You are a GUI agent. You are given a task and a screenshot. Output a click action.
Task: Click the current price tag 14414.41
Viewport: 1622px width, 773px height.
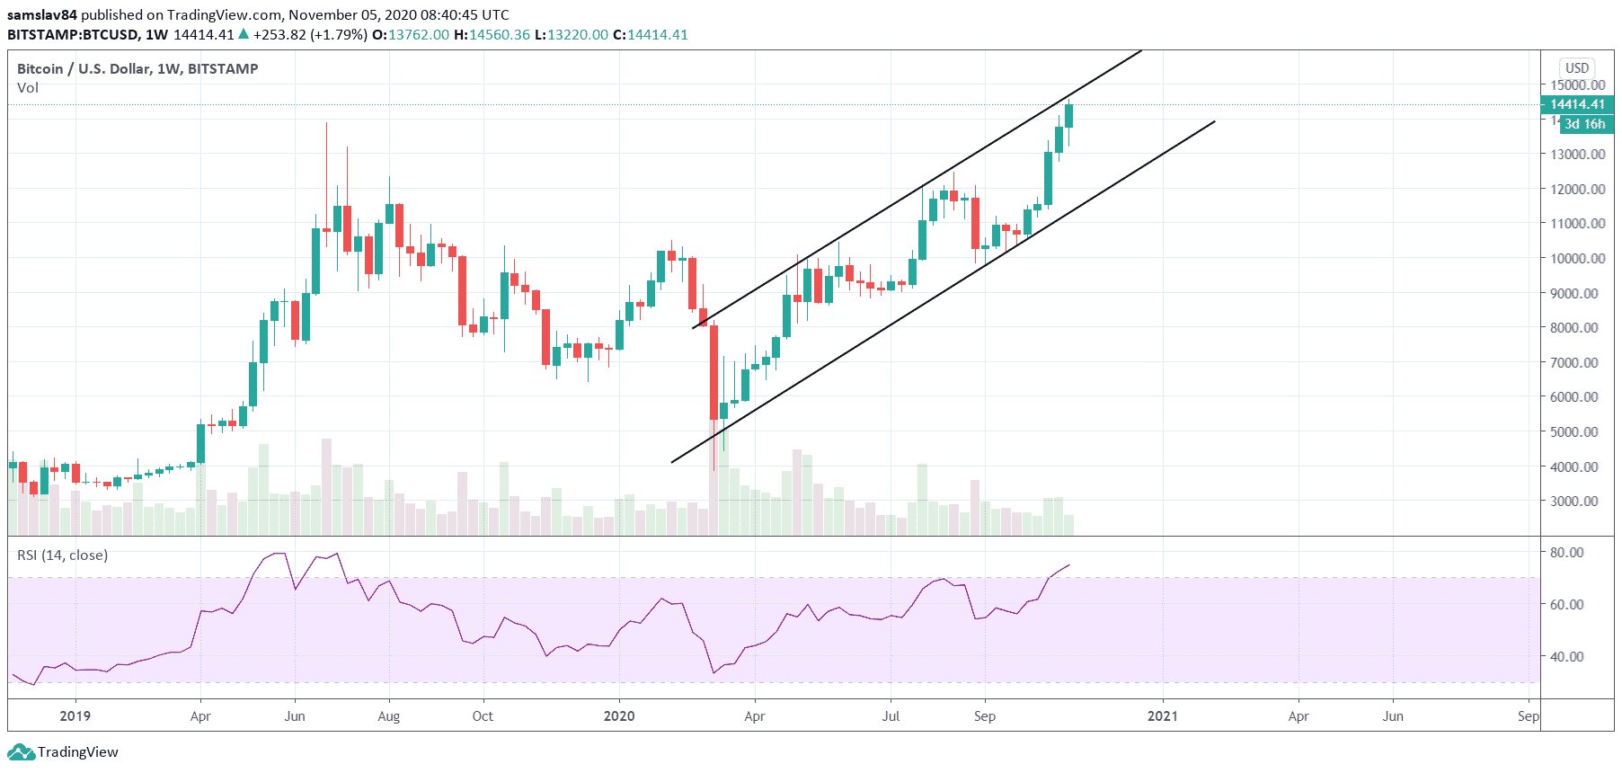1577,104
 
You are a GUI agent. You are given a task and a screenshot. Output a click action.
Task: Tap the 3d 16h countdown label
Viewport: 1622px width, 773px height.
1584,124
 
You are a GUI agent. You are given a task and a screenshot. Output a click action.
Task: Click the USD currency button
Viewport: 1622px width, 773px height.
1577,67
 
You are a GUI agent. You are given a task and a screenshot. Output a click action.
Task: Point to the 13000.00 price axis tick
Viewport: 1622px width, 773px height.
1577,154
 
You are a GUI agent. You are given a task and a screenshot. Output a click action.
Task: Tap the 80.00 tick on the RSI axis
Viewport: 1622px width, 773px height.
1566,552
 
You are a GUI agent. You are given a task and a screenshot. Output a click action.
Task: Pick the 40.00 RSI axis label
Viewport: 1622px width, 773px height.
1566,656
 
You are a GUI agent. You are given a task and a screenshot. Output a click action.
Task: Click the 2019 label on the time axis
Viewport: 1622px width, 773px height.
75,715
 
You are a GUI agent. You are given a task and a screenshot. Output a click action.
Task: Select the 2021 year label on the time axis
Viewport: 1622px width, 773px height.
1163,715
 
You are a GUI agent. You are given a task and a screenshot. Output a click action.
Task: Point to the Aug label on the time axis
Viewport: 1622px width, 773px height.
388,715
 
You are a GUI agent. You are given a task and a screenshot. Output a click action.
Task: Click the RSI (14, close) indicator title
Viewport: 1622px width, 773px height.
62,555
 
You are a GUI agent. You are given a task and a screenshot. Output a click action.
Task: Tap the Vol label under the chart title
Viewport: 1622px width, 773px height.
28,87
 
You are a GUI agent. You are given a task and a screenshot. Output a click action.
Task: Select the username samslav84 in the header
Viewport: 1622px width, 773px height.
41,14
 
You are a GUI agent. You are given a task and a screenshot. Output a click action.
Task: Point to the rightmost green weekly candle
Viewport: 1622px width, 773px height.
1068,116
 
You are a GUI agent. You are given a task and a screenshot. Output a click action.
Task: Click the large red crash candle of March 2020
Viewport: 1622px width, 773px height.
714,372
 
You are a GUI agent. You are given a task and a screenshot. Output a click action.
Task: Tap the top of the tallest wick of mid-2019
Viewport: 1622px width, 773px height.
326,123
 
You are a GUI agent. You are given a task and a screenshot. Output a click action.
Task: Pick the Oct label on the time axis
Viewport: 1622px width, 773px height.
483,715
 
